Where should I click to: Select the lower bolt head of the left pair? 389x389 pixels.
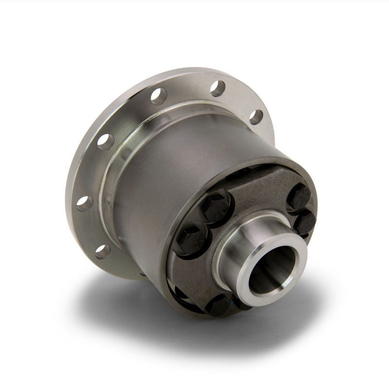tap(191, 238)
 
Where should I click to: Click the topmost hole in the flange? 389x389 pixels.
tap(217, 88)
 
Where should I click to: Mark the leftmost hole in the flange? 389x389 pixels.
tap(84, 203)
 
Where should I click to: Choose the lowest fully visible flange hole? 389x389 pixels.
tap(102, 251)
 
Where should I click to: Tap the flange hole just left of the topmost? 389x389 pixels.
tap(159, 96)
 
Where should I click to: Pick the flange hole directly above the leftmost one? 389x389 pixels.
tap(105, 141)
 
